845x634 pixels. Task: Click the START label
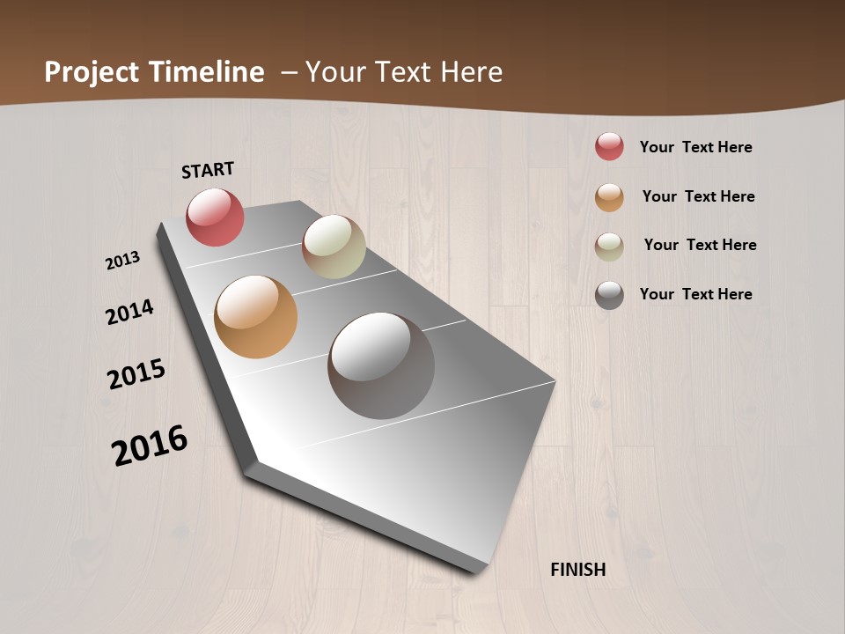coord(208,170)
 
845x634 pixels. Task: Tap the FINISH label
coord(578,570)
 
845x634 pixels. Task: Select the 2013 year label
coord(122,261)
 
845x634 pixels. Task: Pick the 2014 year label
coord(129,313)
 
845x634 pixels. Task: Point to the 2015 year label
coord(136,374)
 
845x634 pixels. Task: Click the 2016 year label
coord(150,446)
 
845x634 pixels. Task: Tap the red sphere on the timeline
coord(215,217)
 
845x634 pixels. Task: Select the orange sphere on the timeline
coord(255,317)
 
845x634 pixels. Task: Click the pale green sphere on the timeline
coord(334,247)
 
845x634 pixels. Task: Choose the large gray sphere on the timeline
coord(381,365)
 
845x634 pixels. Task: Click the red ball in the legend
coord(609,146)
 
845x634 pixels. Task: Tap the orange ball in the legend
coord(609,197)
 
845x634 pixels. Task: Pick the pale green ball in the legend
coord(609,247)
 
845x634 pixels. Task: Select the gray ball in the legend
coord(609,295)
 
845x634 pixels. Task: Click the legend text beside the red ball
coord(695,147)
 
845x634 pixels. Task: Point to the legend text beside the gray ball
coord(695,294)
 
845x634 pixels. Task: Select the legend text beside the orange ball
coord(698,196)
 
